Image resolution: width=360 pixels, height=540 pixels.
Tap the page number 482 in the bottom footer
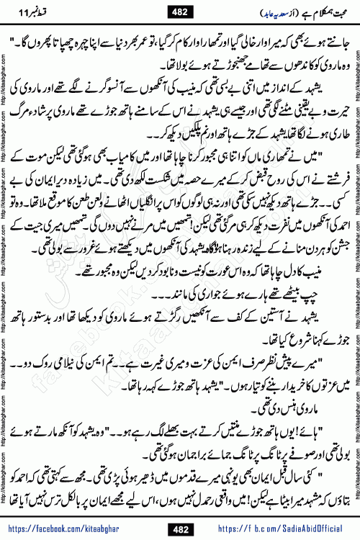[179, 527]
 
